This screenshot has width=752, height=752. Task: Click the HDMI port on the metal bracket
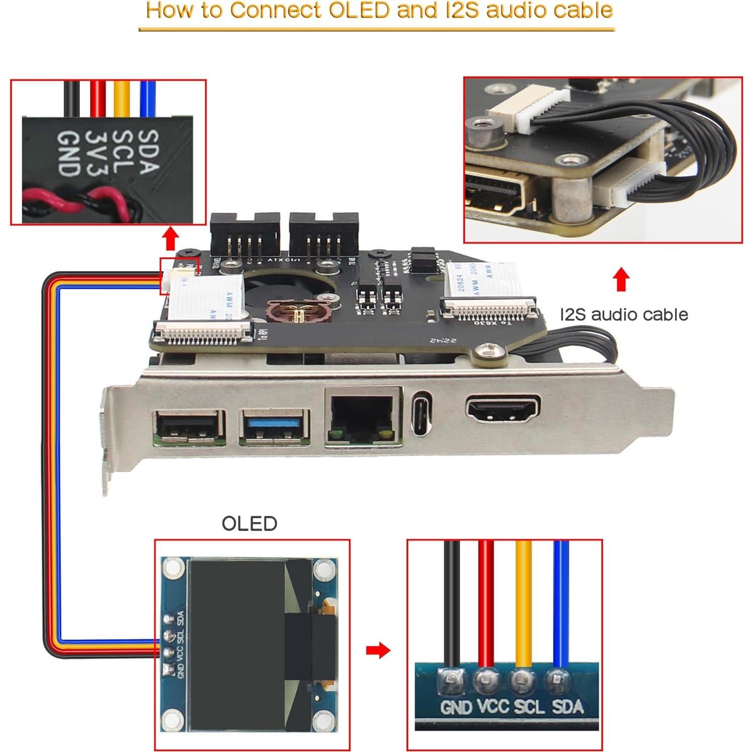click(x=503, y=409)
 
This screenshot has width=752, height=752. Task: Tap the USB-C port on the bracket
click(x=421, y=413)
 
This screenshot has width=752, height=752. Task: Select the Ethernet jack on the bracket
click(x=363, y=415)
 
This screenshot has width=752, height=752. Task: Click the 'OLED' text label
click(x=249, y=523)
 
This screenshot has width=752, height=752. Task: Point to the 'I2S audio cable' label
click(x=623, y=314)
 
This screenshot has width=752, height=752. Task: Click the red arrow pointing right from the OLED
click(x=378, y=650)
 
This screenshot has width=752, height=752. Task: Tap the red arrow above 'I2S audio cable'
click(x=621, y=279)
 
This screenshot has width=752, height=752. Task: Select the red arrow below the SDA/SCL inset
click(x=170, y=238)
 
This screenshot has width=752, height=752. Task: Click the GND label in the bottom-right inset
click(x=456, y=707)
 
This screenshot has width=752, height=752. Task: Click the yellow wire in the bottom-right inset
click(x=523, y=603)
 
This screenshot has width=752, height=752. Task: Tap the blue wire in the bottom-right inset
click(x=561, y=603)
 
